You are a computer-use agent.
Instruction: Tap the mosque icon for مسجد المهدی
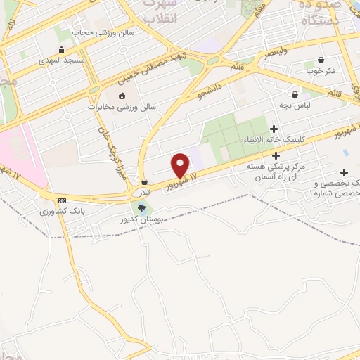click(x=62, y=49)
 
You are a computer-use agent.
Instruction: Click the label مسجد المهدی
click(x=61, y=60)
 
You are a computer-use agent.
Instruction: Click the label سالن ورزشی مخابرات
click(x=122, y=107)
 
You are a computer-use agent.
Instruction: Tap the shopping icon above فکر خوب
click(x=321, y=60)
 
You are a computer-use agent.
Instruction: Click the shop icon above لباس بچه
click(x=295, y=94)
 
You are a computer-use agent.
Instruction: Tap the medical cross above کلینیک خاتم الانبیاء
click(x=274, y=128)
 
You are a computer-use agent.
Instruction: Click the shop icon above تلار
click(x=144, y=181)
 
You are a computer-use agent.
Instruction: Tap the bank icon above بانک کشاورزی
click(x=63, y=200)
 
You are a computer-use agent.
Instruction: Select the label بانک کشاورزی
click(x=62, y=211)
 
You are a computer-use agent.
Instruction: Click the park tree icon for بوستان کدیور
click(x=143, y=207)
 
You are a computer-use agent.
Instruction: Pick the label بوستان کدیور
click(x=143, y=219)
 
